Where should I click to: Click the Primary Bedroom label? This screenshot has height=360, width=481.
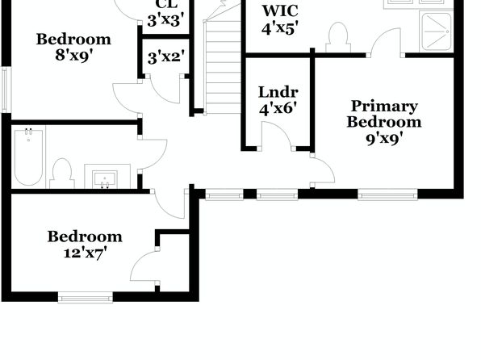click(384, 114)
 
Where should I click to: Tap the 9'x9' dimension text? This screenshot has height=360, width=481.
click(384, 139)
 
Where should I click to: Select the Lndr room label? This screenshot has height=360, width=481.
click(278, 92)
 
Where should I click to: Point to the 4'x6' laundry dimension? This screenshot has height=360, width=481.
click(278, 108)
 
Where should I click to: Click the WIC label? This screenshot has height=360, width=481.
click(280, 11)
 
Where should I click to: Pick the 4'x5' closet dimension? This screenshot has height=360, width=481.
click(280, 28)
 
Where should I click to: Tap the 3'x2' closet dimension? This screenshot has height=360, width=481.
click(166, 57)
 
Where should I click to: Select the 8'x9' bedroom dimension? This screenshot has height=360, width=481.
click(74, 56)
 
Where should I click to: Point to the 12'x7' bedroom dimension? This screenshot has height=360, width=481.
click(86, 253)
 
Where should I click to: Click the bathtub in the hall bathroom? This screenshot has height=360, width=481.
click(28, 157)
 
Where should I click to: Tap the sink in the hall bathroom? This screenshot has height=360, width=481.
click(105, 178)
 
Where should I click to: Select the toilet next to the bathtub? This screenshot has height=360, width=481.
click(62, 174)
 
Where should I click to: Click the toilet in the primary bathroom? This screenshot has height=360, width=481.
click(338, 37)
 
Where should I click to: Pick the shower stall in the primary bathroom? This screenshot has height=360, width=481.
click(437, 31)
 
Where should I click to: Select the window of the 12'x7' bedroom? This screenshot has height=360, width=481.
click(86, 298)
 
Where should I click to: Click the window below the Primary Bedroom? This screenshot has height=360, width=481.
click(387, 195)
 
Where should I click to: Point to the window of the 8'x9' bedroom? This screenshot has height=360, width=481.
click(6, 90)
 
